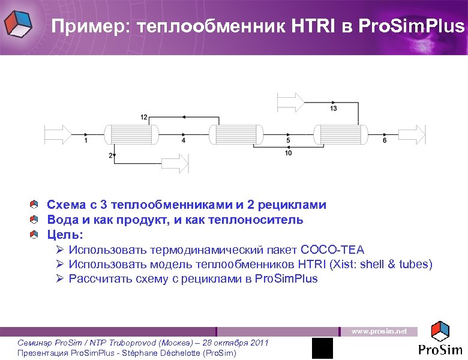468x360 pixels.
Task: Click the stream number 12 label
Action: tap(144, 117)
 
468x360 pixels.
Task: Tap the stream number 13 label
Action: tap(333, 109)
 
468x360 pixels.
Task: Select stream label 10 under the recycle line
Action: tap(289, 154)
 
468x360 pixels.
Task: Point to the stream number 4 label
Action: tap(183, 140)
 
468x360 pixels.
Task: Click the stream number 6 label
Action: tap(385, 140)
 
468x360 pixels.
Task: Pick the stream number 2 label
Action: tap(111, 155)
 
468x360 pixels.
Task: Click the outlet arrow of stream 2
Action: tap(175, 163)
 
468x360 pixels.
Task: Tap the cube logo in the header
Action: tap(19, 25)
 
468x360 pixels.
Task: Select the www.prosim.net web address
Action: tap(379, 331)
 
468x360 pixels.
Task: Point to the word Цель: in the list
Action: tap(65, 235)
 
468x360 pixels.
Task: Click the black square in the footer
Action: tap(322, 348)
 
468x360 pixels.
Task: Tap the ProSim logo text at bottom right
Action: tap(440, 349)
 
